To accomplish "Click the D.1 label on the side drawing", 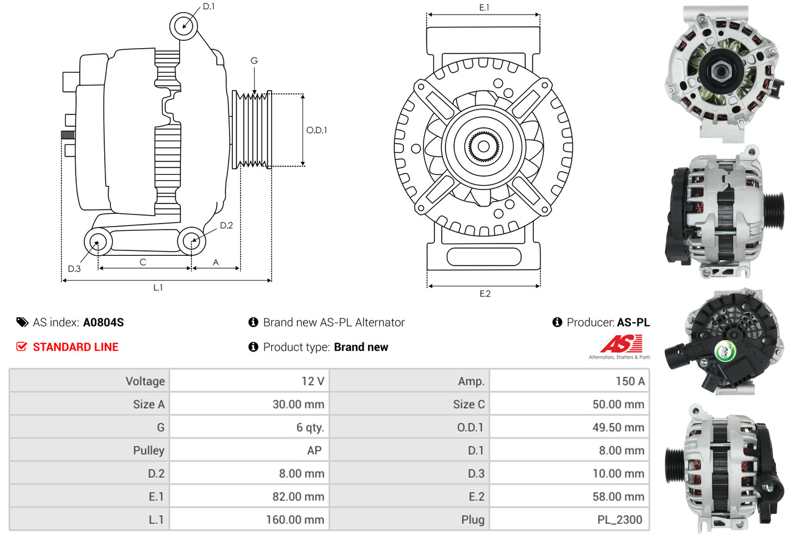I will coord(208,7).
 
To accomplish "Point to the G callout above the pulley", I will coord(254,60).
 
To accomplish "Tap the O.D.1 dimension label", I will coord(316,130).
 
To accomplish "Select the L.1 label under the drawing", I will coord(158,287).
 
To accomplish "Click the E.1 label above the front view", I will coord(484,7).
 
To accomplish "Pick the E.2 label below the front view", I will coord(484,294).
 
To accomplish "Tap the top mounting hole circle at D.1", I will coord(183,26).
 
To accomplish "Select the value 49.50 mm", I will coord(618,428).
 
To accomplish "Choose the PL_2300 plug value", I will coord(620,520).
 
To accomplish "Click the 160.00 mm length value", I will coord(295,520).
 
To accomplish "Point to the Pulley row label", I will coord(149,451).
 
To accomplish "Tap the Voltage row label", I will coord(145,381).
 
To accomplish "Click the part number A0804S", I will coord(103,323).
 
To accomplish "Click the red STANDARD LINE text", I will coord(76,347).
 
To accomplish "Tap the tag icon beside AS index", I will coord(22,322).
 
